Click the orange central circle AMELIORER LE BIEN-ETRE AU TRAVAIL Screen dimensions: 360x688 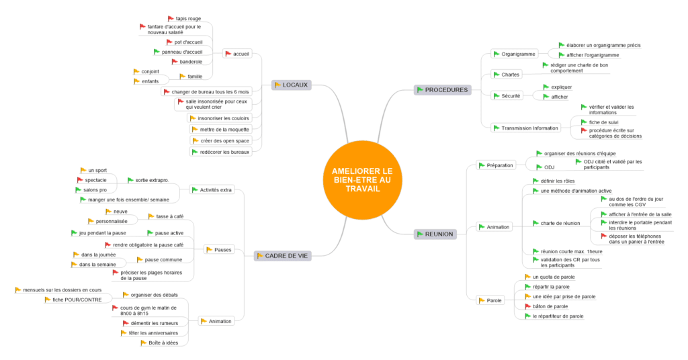tap(362, 180)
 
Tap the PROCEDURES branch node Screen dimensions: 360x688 tap(441, 89)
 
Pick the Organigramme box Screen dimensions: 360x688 tap(514, 54)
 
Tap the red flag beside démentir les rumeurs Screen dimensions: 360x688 tap(124, 322)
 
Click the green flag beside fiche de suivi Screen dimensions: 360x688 tap(584, 121)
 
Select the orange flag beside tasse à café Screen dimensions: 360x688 tap(151, 216)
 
